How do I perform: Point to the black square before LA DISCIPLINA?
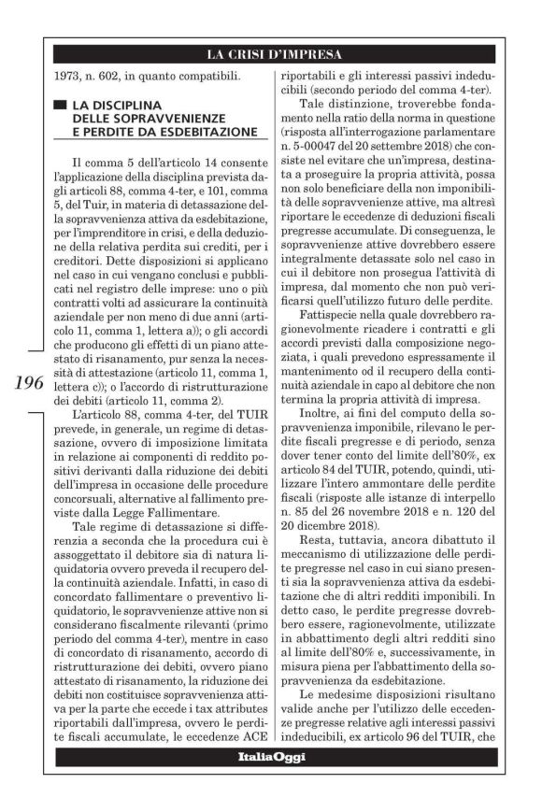[60, 102]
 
